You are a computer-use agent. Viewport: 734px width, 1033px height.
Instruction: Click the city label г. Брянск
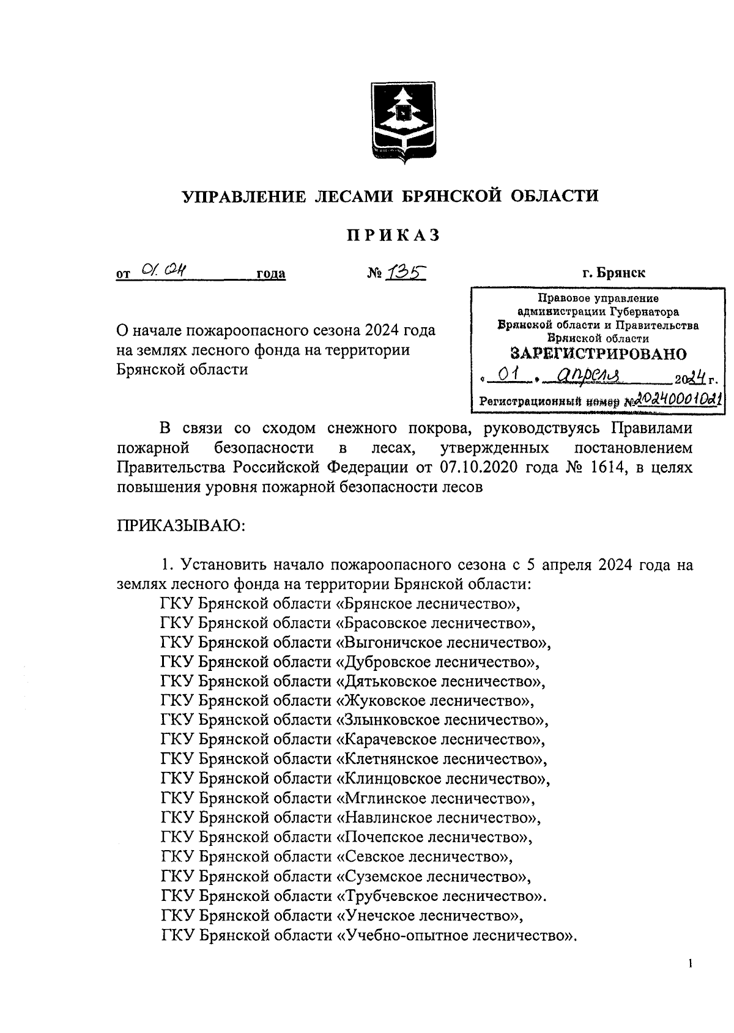613,272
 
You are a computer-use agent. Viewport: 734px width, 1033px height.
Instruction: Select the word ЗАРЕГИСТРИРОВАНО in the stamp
598,354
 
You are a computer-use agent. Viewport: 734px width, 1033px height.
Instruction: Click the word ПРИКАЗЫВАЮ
180,526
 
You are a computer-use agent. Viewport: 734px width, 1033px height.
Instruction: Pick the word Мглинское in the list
373,798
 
